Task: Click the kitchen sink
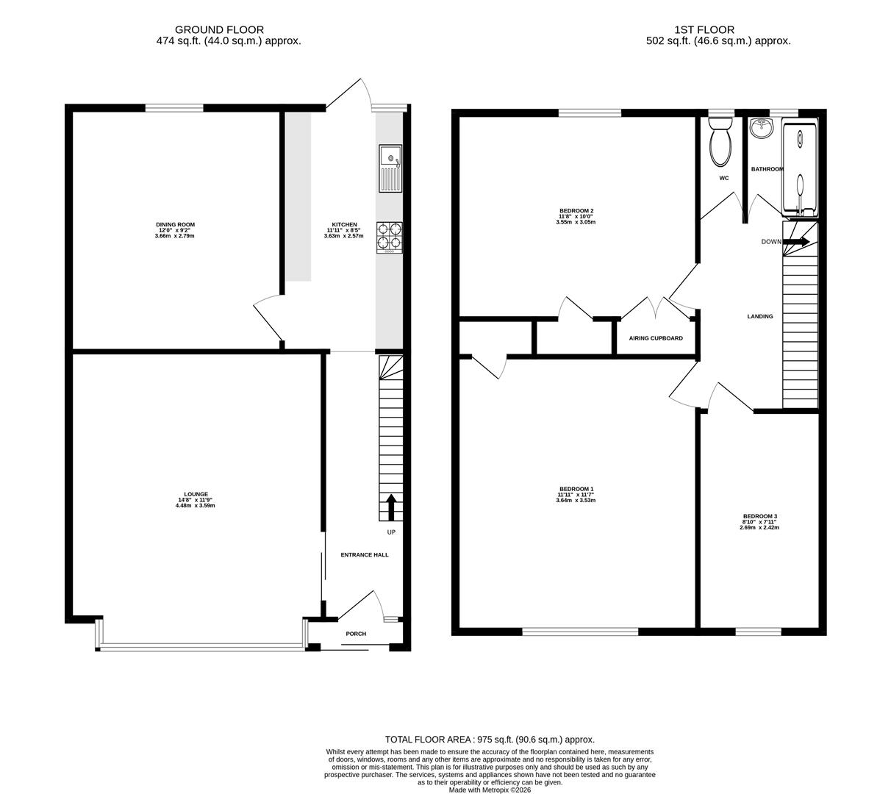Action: click(x=390, y=168)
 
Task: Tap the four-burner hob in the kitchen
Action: click(x=389, y=237)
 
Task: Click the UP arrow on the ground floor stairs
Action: click(x=390, y=507)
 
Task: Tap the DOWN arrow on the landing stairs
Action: click(x=795, y=241)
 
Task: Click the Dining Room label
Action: click(x=176, y=224)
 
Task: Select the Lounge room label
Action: click(x=196, y=494)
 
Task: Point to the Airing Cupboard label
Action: click(x=656, y=338)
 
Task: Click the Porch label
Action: click(x=356, y=634)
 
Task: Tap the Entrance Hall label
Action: click(x=365, y=555)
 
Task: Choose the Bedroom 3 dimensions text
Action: click(x=759, y=524)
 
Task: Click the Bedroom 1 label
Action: click(x=576, y=489)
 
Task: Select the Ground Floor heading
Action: click(x=220, y=30)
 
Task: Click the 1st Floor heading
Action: click(x=704, y=30)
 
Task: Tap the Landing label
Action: click(x=760, y=316)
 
